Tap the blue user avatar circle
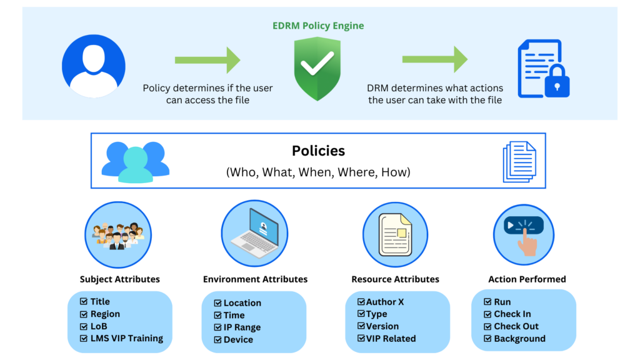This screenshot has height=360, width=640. tap(94, 66)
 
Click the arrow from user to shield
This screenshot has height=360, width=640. tap(207, 60)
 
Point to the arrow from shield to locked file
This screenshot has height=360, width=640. tap(435, 59)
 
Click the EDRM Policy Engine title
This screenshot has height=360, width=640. tap(318, 26)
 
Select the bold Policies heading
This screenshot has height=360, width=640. tap(318, 151)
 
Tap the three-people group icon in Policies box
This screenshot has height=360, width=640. tap(136, 162)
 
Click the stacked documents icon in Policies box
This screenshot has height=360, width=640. tap(519, 162)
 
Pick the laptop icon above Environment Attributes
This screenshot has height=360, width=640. tap(255, 234)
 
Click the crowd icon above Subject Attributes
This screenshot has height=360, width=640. tap(118, 236)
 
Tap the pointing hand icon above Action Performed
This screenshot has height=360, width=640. tap(524, 236)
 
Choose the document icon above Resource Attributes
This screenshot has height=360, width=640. tap(395, 235)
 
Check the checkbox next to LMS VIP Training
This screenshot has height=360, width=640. tap(84, 338)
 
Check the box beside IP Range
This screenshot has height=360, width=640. tap(217, 327)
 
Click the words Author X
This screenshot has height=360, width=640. tap(385, 302)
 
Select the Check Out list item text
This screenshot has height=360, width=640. tap(516, 326)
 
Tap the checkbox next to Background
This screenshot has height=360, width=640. tap(487, 339)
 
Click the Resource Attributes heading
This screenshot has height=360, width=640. tap(395, 279)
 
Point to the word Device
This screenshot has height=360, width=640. tap(238, 339)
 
